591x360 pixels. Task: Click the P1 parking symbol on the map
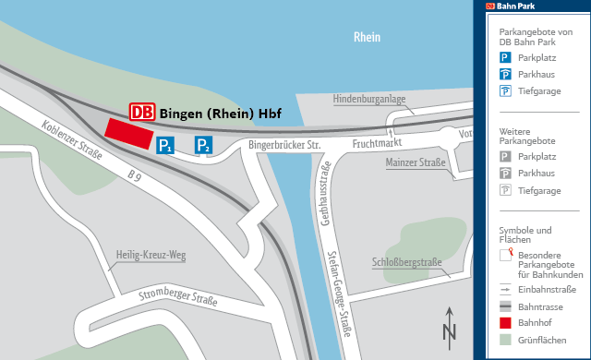(x=165, y=145)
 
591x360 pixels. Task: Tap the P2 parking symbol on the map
(x=203, y=145)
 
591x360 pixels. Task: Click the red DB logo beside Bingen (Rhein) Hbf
(x=142, y=112)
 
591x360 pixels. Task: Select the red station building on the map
(x=128, y=132)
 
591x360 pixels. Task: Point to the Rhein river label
(x=367, y=38)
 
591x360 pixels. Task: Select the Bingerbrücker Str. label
(x=284, y=145)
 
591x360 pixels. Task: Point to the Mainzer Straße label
(x=415, y=163)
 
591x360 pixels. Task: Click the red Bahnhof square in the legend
(x=505, y=323)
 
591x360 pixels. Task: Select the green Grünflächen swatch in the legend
(x=505, y=342)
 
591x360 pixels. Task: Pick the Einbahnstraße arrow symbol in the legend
(x=505, y=288)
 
